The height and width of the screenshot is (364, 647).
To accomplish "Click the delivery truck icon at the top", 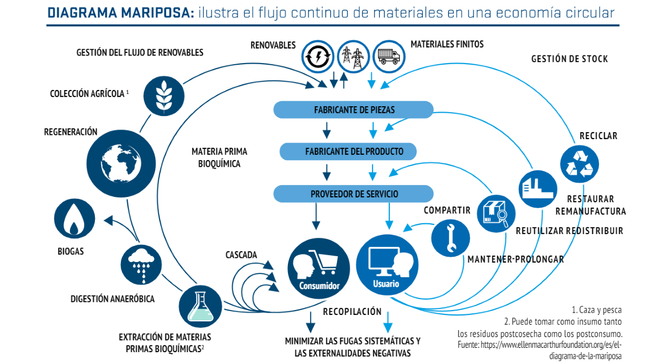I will click(x=389, y=56).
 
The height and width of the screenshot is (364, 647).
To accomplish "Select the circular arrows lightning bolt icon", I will click(x=318, y=56).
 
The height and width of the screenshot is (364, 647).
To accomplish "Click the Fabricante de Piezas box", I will click(x=354, y=110).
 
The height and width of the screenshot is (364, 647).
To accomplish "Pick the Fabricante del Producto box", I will click(x=348, y=152).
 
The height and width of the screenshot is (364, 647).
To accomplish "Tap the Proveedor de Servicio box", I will click(x=354, y=194).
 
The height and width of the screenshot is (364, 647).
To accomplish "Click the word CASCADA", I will click(x=241, y=255).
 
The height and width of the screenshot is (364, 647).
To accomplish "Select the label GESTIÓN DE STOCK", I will click(x=569, y=59).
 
